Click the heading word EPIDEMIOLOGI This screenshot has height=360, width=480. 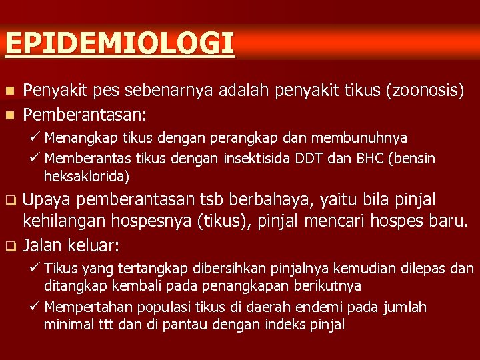coord(119,43)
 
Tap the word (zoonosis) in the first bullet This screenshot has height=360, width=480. coord(425,91)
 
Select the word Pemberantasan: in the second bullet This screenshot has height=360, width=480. coord(85,115)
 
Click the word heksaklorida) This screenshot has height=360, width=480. coord(87,177)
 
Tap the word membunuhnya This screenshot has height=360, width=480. coord(369,138)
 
